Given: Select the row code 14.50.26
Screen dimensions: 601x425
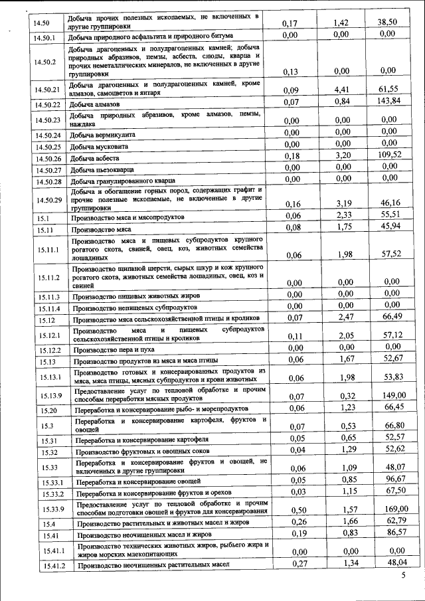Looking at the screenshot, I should point(48,159).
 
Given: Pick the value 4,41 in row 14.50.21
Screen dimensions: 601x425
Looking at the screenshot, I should point(342,88).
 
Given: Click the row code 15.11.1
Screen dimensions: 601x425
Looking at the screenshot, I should point(48,250).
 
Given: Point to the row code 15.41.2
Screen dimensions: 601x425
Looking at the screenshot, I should point(51,565).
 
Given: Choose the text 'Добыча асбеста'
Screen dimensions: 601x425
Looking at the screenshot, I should point(94,159).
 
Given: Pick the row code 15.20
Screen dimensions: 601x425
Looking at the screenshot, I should point(48,410).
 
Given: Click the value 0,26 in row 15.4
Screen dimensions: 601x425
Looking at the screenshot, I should point(291,522).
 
